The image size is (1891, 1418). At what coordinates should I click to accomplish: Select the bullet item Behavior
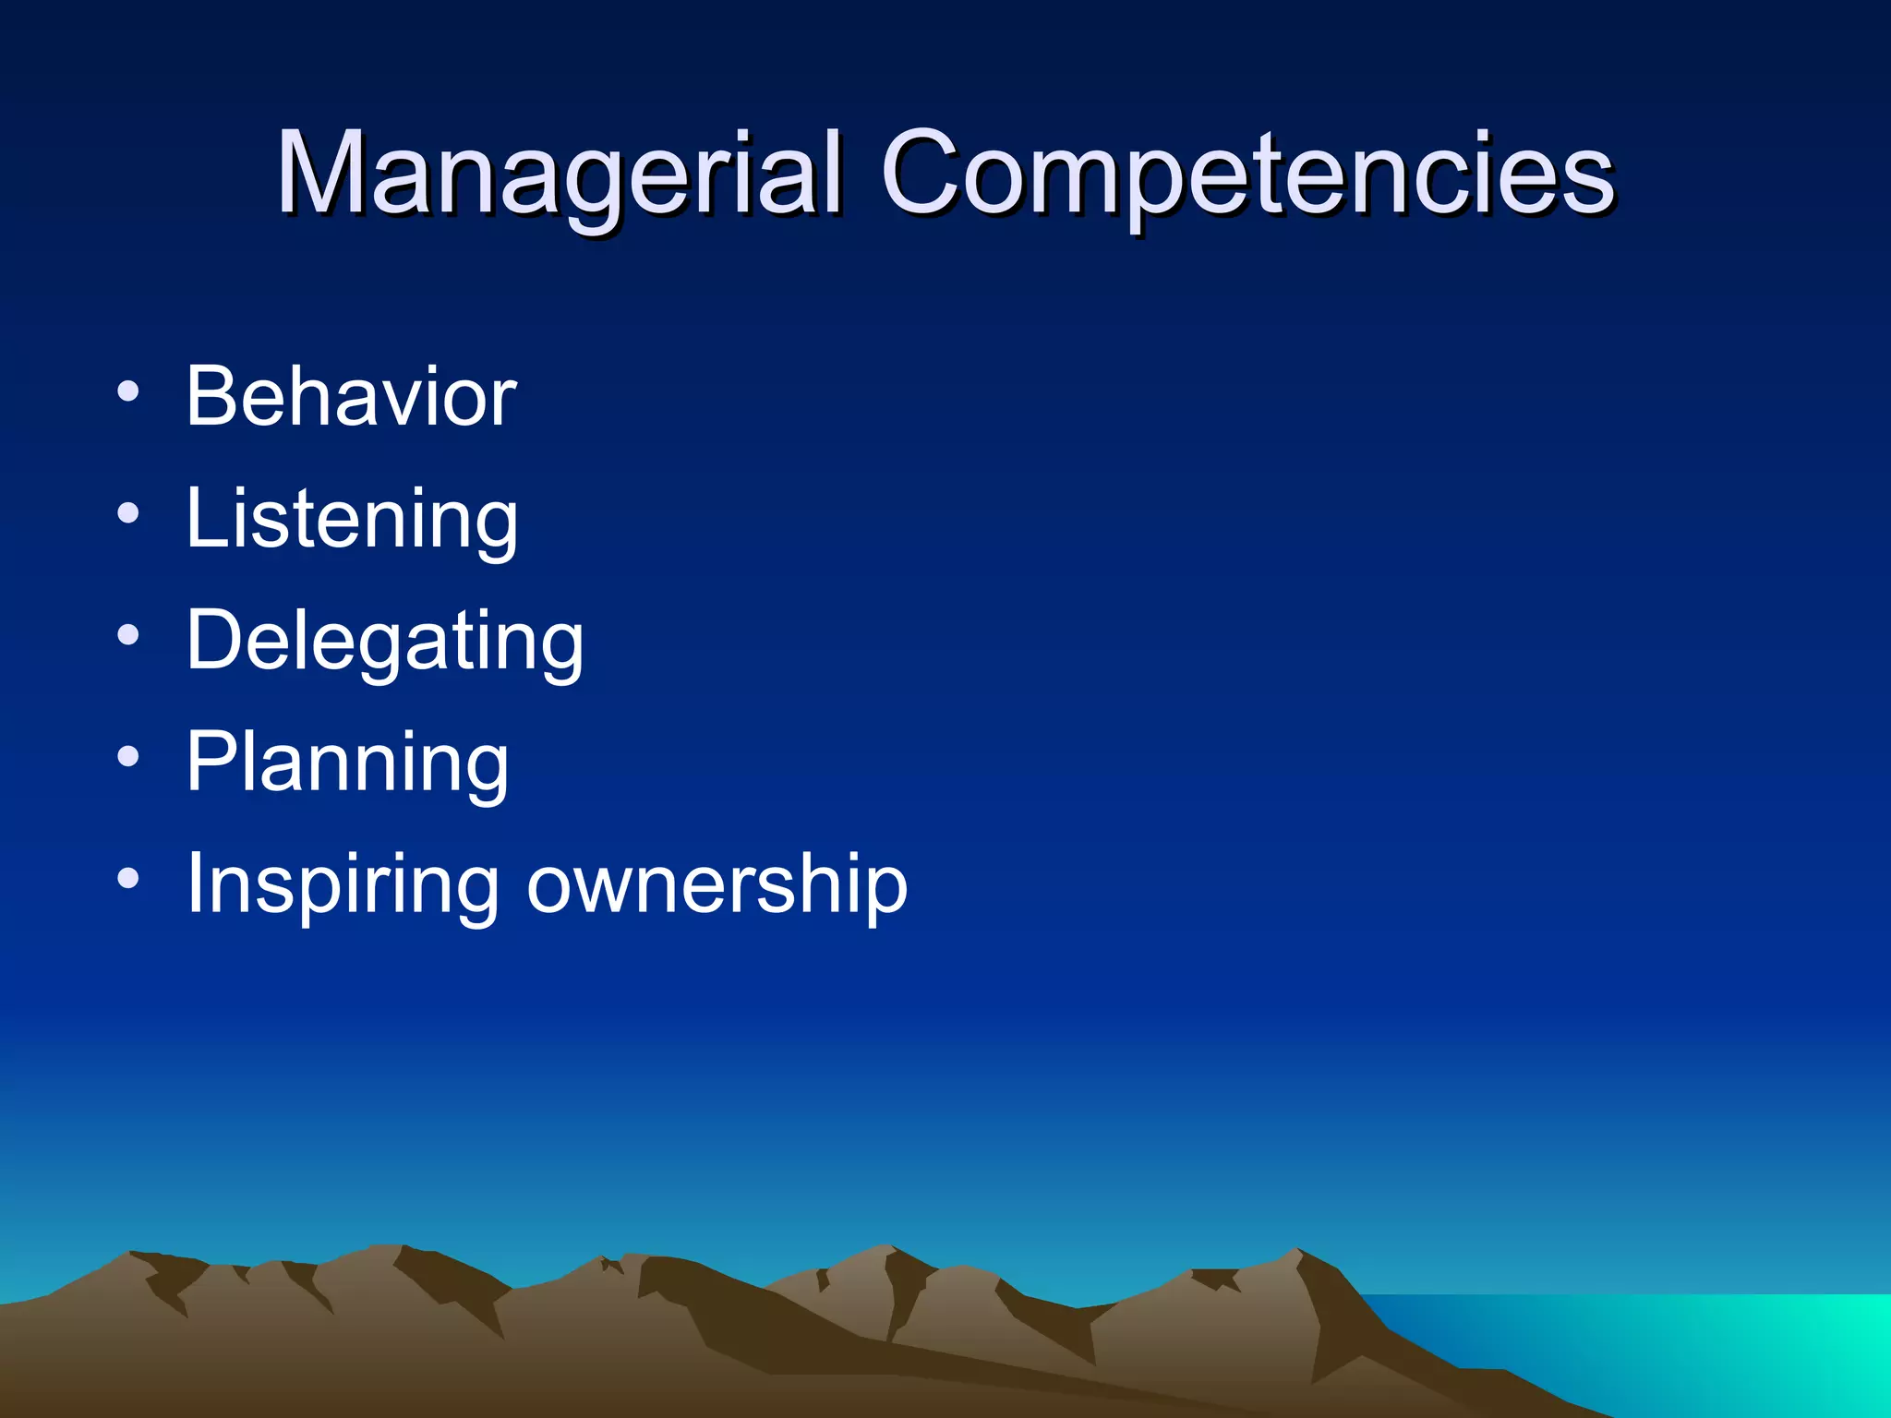coord(351,397)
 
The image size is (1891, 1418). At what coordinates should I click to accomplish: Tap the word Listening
coord(351,519)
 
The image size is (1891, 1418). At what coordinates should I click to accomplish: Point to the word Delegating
coord(384,641)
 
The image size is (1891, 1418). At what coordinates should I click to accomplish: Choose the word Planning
coord(347,763)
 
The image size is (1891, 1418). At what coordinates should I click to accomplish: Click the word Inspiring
coord(343,884)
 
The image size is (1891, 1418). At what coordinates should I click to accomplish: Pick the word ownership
coord(717,884)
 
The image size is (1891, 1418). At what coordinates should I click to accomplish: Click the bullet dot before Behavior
coord(128,391)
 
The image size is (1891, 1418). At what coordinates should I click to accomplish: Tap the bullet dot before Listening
coord(128,513)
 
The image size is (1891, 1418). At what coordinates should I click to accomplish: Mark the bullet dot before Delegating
coord(128,635)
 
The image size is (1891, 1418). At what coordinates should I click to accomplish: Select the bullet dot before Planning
coord(128,757)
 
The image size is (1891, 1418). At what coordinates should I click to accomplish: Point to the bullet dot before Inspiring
coord(128,879)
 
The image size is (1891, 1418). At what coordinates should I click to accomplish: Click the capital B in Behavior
coord(213,397)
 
